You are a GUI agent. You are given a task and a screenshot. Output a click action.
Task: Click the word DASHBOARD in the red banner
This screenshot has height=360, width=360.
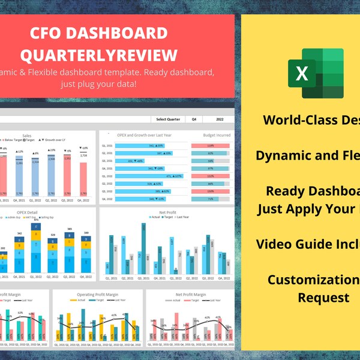(x=128, y=34)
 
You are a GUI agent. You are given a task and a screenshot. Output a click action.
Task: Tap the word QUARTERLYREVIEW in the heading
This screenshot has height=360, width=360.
(x=99, y=55)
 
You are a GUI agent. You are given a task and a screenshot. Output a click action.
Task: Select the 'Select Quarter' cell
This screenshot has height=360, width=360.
(x=167, y=119)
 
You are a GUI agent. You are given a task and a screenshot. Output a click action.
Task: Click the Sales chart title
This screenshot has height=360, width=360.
(x=27, y=136)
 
